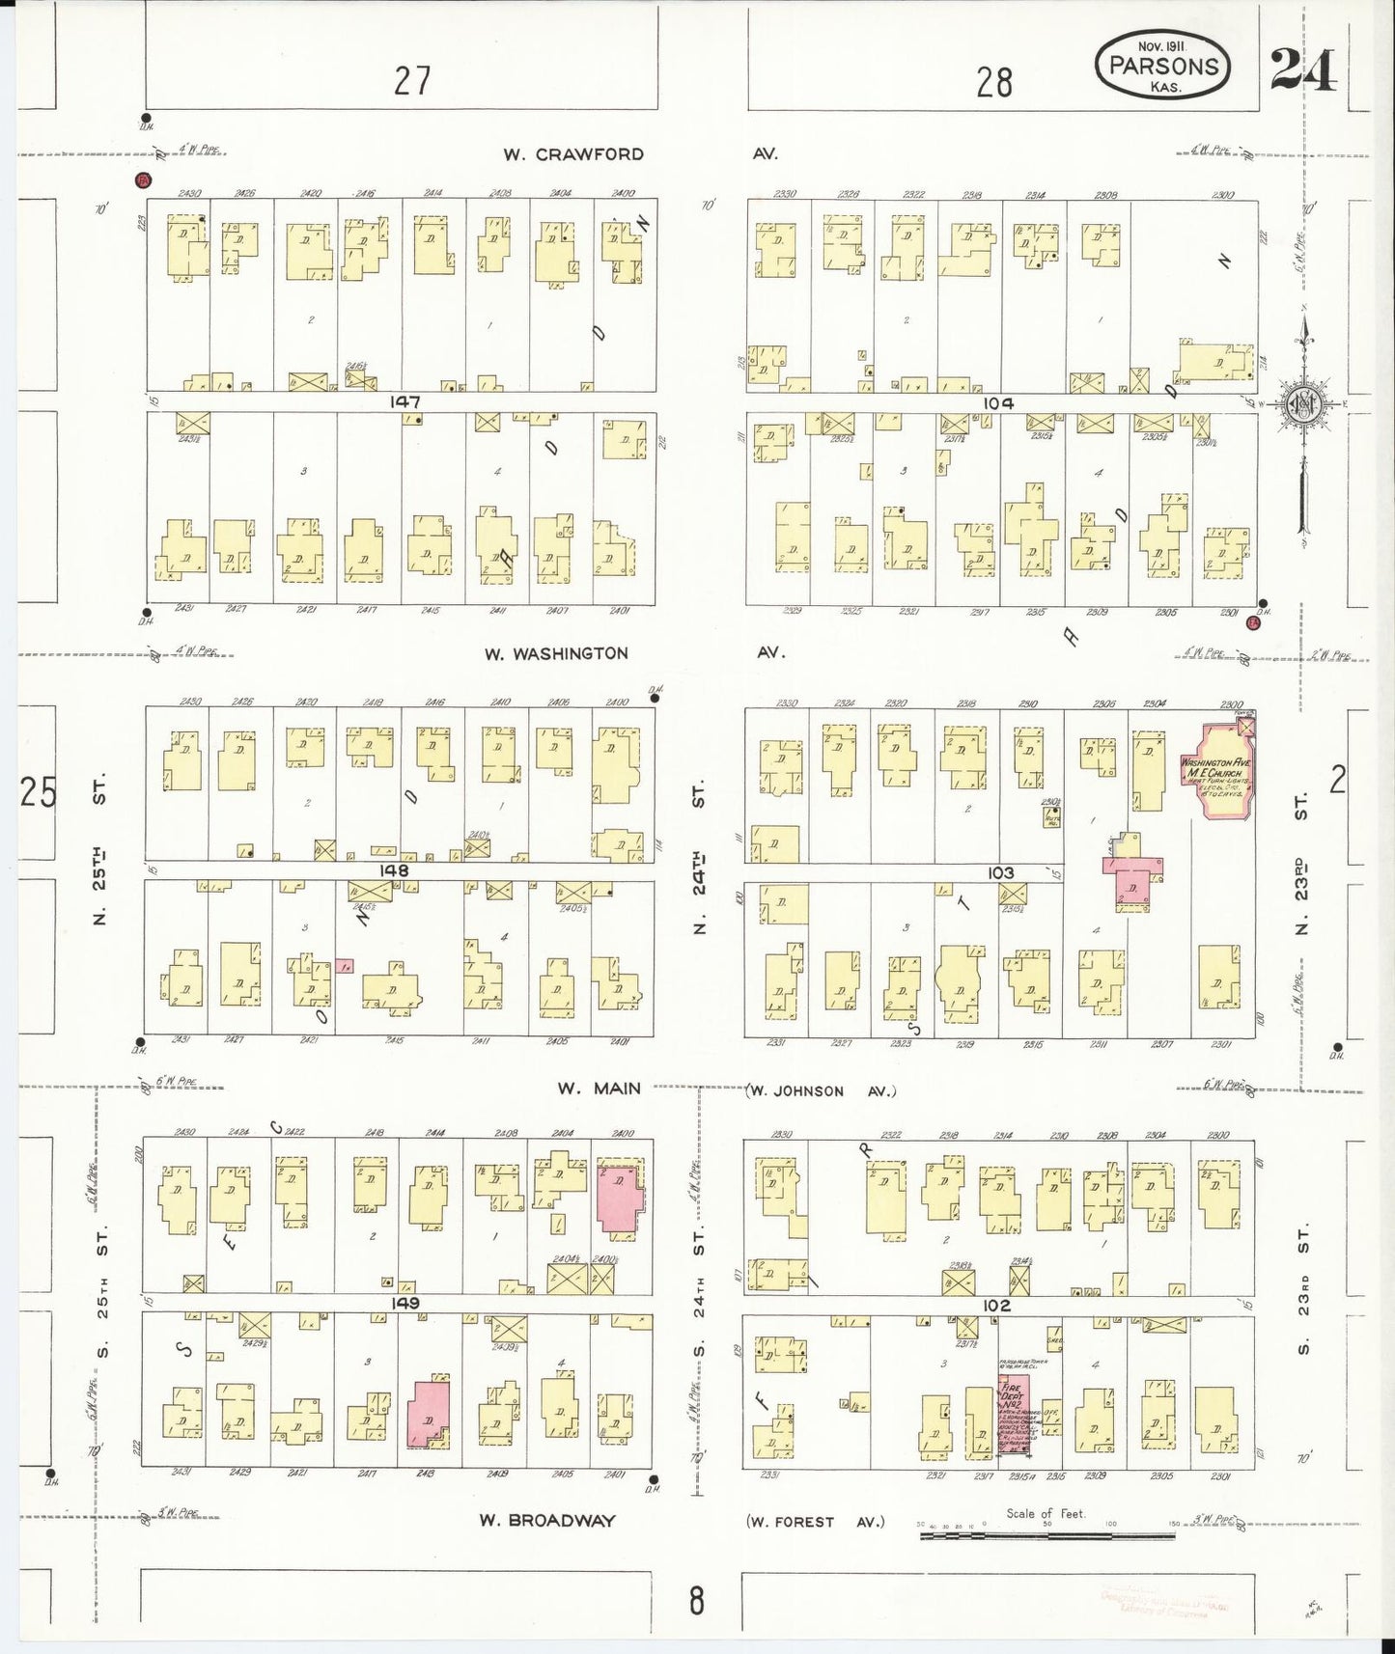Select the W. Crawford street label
[x=573, y=154]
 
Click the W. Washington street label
[x=556, y=653]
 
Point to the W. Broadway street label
[x=547, y=1520]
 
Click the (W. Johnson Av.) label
[x=821, y=1090]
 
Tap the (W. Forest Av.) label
[x=816, y=1522]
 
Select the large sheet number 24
[x=1303, y=69]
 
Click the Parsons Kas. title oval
[x=1163, y=66]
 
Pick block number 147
[x=405, y=401]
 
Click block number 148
[x=395, y=870]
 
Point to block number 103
[x=1000, y=872]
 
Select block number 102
[x=996, y=1305]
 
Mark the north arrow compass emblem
[x=1305, y=401]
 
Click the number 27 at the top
[x=412, y=81]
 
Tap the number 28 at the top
[x=993, y=83]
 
